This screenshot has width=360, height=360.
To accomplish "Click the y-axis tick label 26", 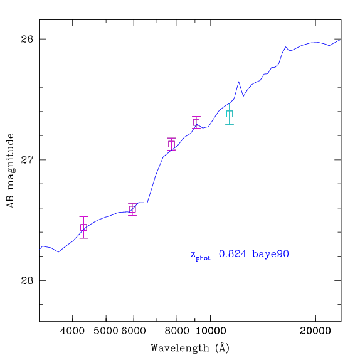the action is pyautogui.click(x=27, y=40).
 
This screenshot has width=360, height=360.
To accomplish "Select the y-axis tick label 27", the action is pyautogui.click(x=27, y=160).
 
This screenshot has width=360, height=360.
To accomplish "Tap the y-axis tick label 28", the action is pyautogui.click(x=27, y=280).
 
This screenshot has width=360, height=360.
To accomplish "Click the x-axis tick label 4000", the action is pyautogui.click(x=72, y=331).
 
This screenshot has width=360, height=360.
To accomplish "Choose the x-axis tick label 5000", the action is pyautogui.click(x=106, y=331).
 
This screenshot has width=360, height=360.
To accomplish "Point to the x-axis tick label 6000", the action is pyautogui.click(x=134, y=331).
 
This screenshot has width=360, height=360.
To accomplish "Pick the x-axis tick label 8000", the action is pyautogui.click(x=177, y=331).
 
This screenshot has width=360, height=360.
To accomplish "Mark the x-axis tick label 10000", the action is pyautogui.click(x=211, y=331).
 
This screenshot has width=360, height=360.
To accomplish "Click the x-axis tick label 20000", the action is pyautogui.click(x=315, y=331).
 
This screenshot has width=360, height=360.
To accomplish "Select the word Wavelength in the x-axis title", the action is pyautogui.click(x=180, y=348).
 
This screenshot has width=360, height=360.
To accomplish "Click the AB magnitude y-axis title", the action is pyautogui.click(x=10, y=171).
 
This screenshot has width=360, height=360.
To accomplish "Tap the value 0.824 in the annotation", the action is pyautogui.click(x=232, y=254).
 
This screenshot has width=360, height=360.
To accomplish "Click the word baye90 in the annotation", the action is pyautogui.click(x=270, y=255).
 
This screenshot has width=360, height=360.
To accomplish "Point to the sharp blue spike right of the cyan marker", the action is pyautogui.click(x=239, y=82).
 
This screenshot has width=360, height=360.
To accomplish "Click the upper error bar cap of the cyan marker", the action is pyautogui.click(x=230, y=103).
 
